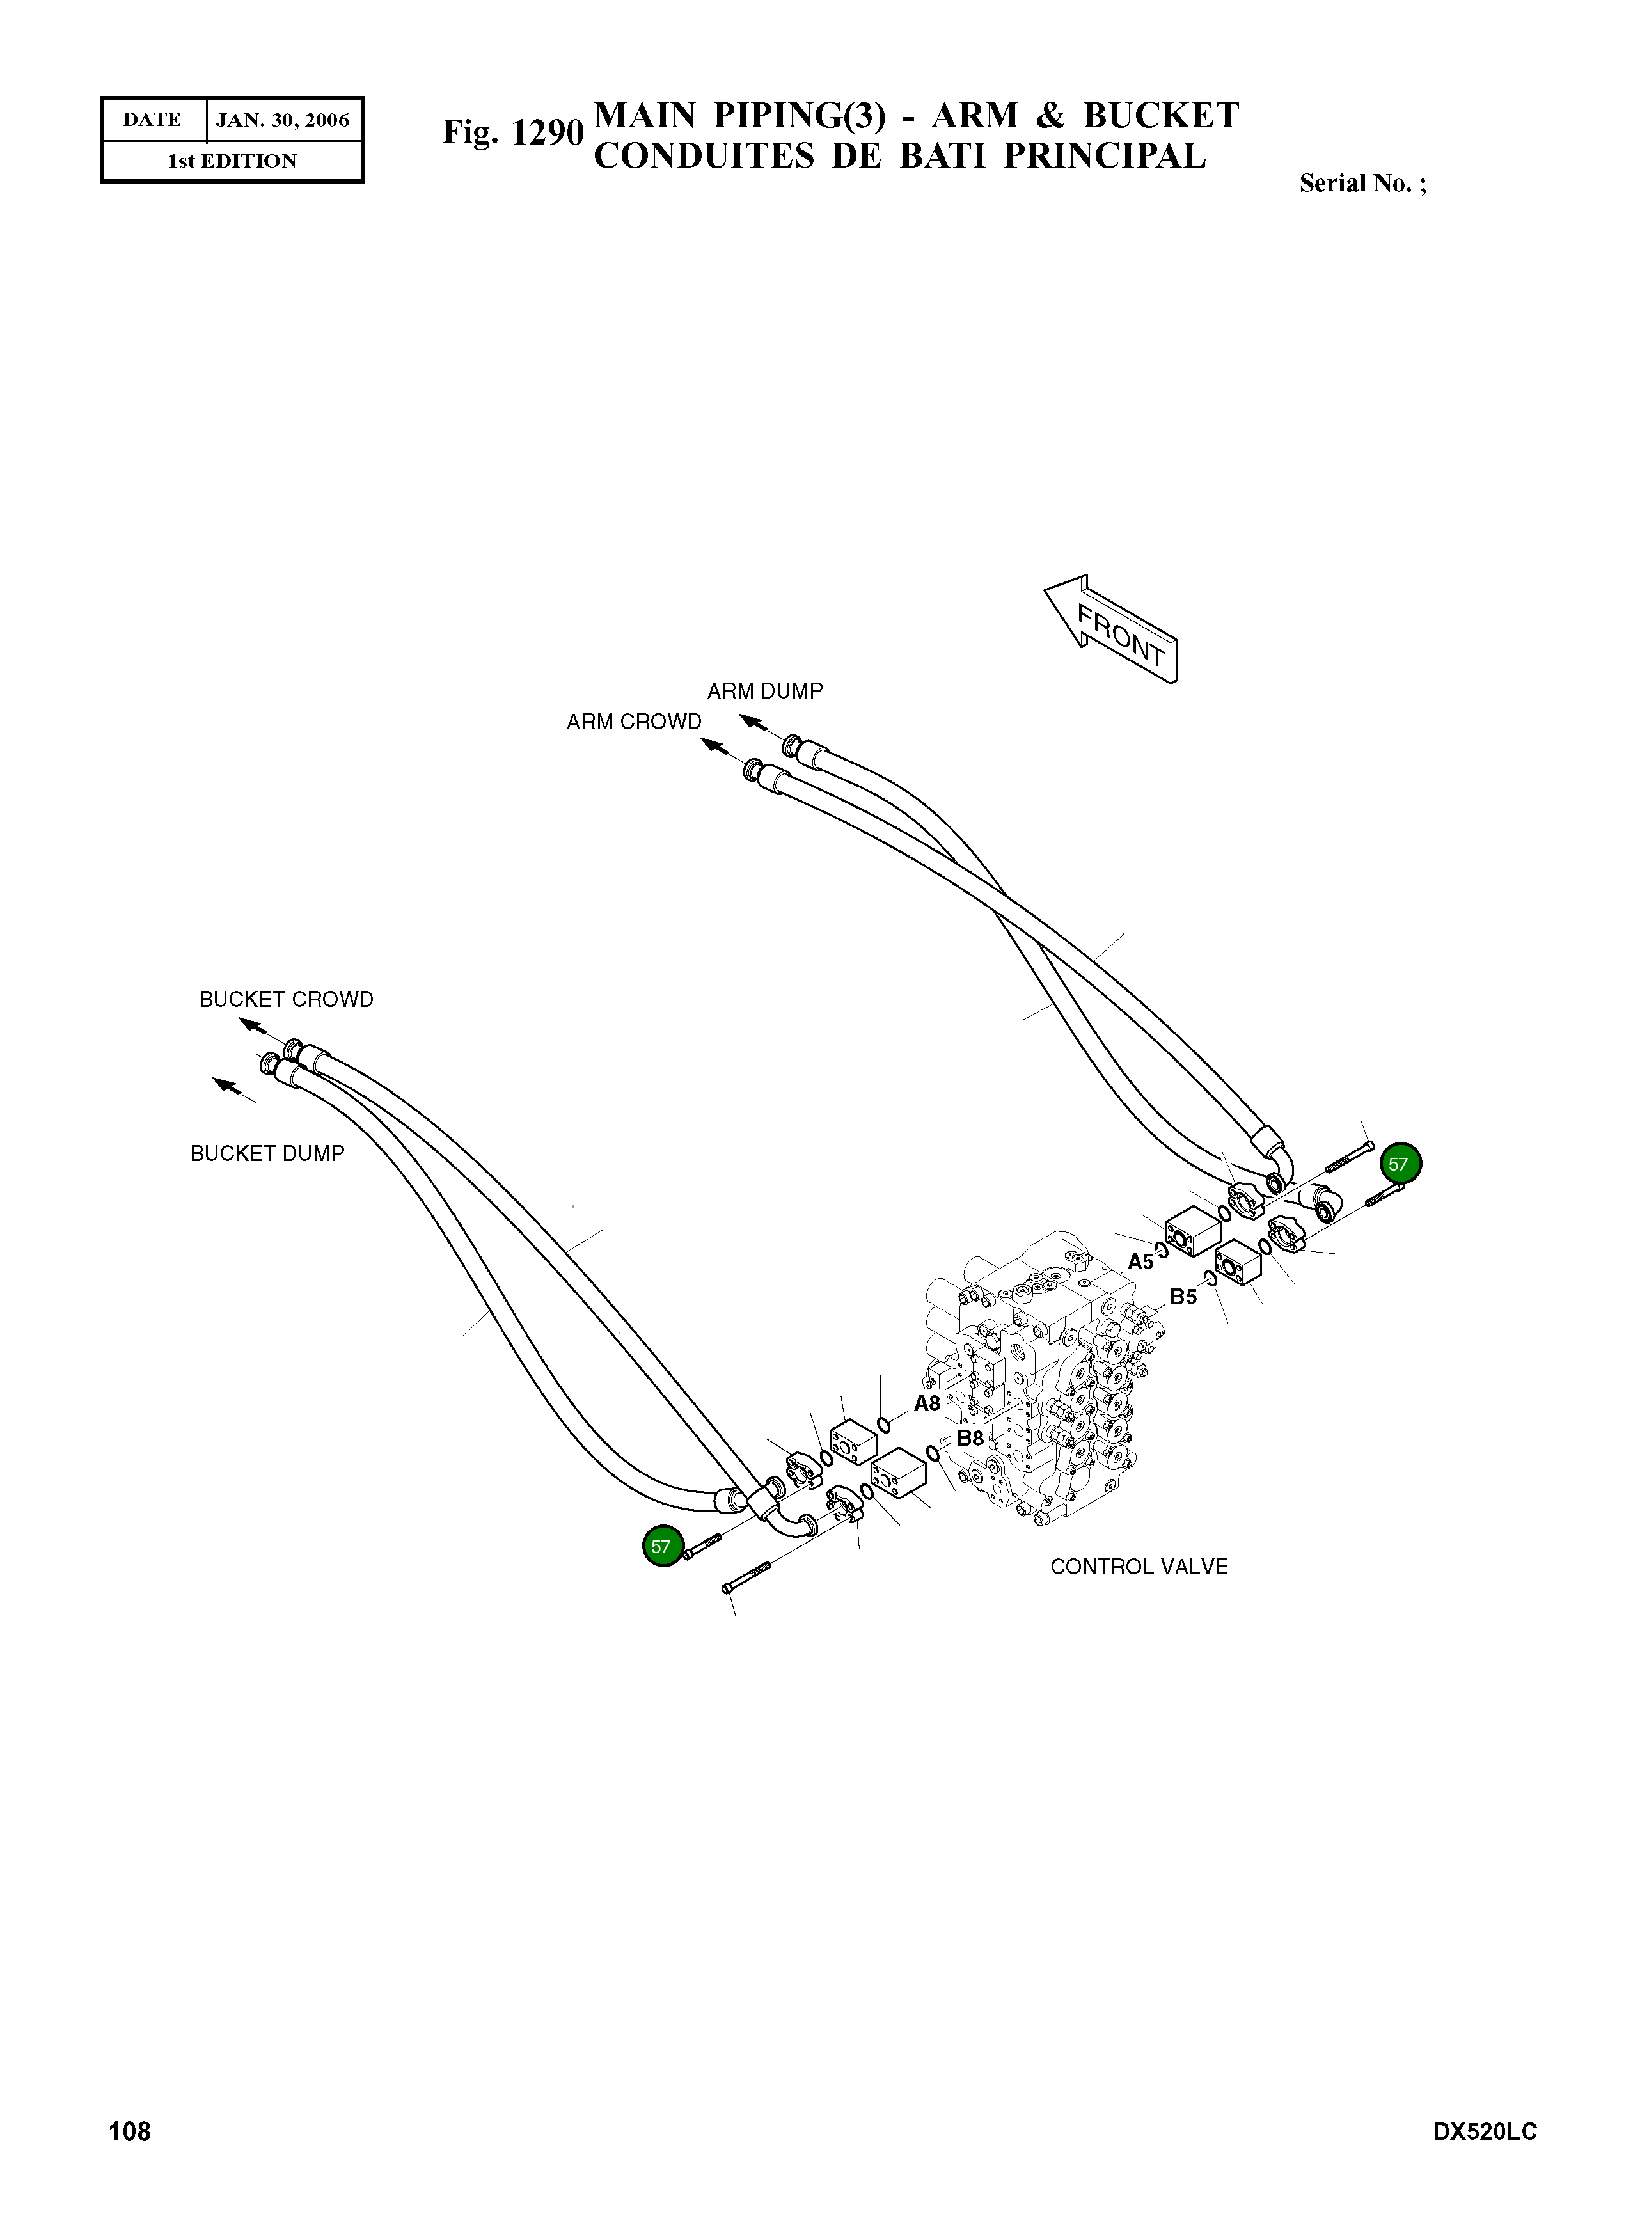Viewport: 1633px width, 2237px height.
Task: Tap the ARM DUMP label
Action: [x=764, y=691]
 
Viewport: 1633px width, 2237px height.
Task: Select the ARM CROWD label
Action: [x=634, y=722]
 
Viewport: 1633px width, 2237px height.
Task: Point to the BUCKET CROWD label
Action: [x=286, y=999]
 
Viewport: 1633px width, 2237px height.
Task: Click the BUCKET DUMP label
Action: [x=267, y=1153]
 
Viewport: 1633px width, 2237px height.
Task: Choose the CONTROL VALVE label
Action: [x=1139, y=1567]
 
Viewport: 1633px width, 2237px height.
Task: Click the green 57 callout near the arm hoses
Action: [x=1399, y=1164]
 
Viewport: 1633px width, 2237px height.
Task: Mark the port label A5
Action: [x=1140, y=1261]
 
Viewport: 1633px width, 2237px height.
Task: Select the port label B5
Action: [x=1183, y=1297]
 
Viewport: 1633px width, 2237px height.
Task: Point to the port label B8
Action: [x=970, y=1438]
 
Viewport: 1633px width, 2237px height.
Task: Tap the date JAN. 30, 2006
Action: [x=283, y=121]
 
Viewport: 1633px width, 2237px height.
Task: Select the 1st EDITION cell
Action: [x=232, y=161]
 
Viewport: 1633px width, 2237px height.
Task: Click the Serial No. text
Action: [x=1362, y=184]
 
